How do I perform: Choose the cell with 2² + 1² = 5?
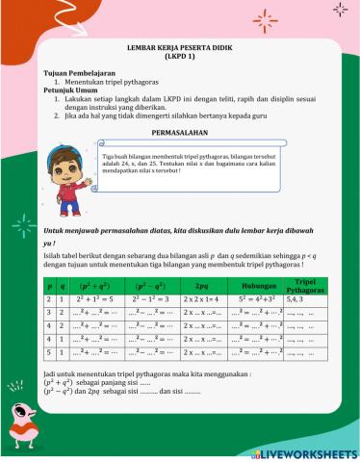click(95, 300)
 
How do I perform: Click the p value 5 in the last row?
click(49, 353)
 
